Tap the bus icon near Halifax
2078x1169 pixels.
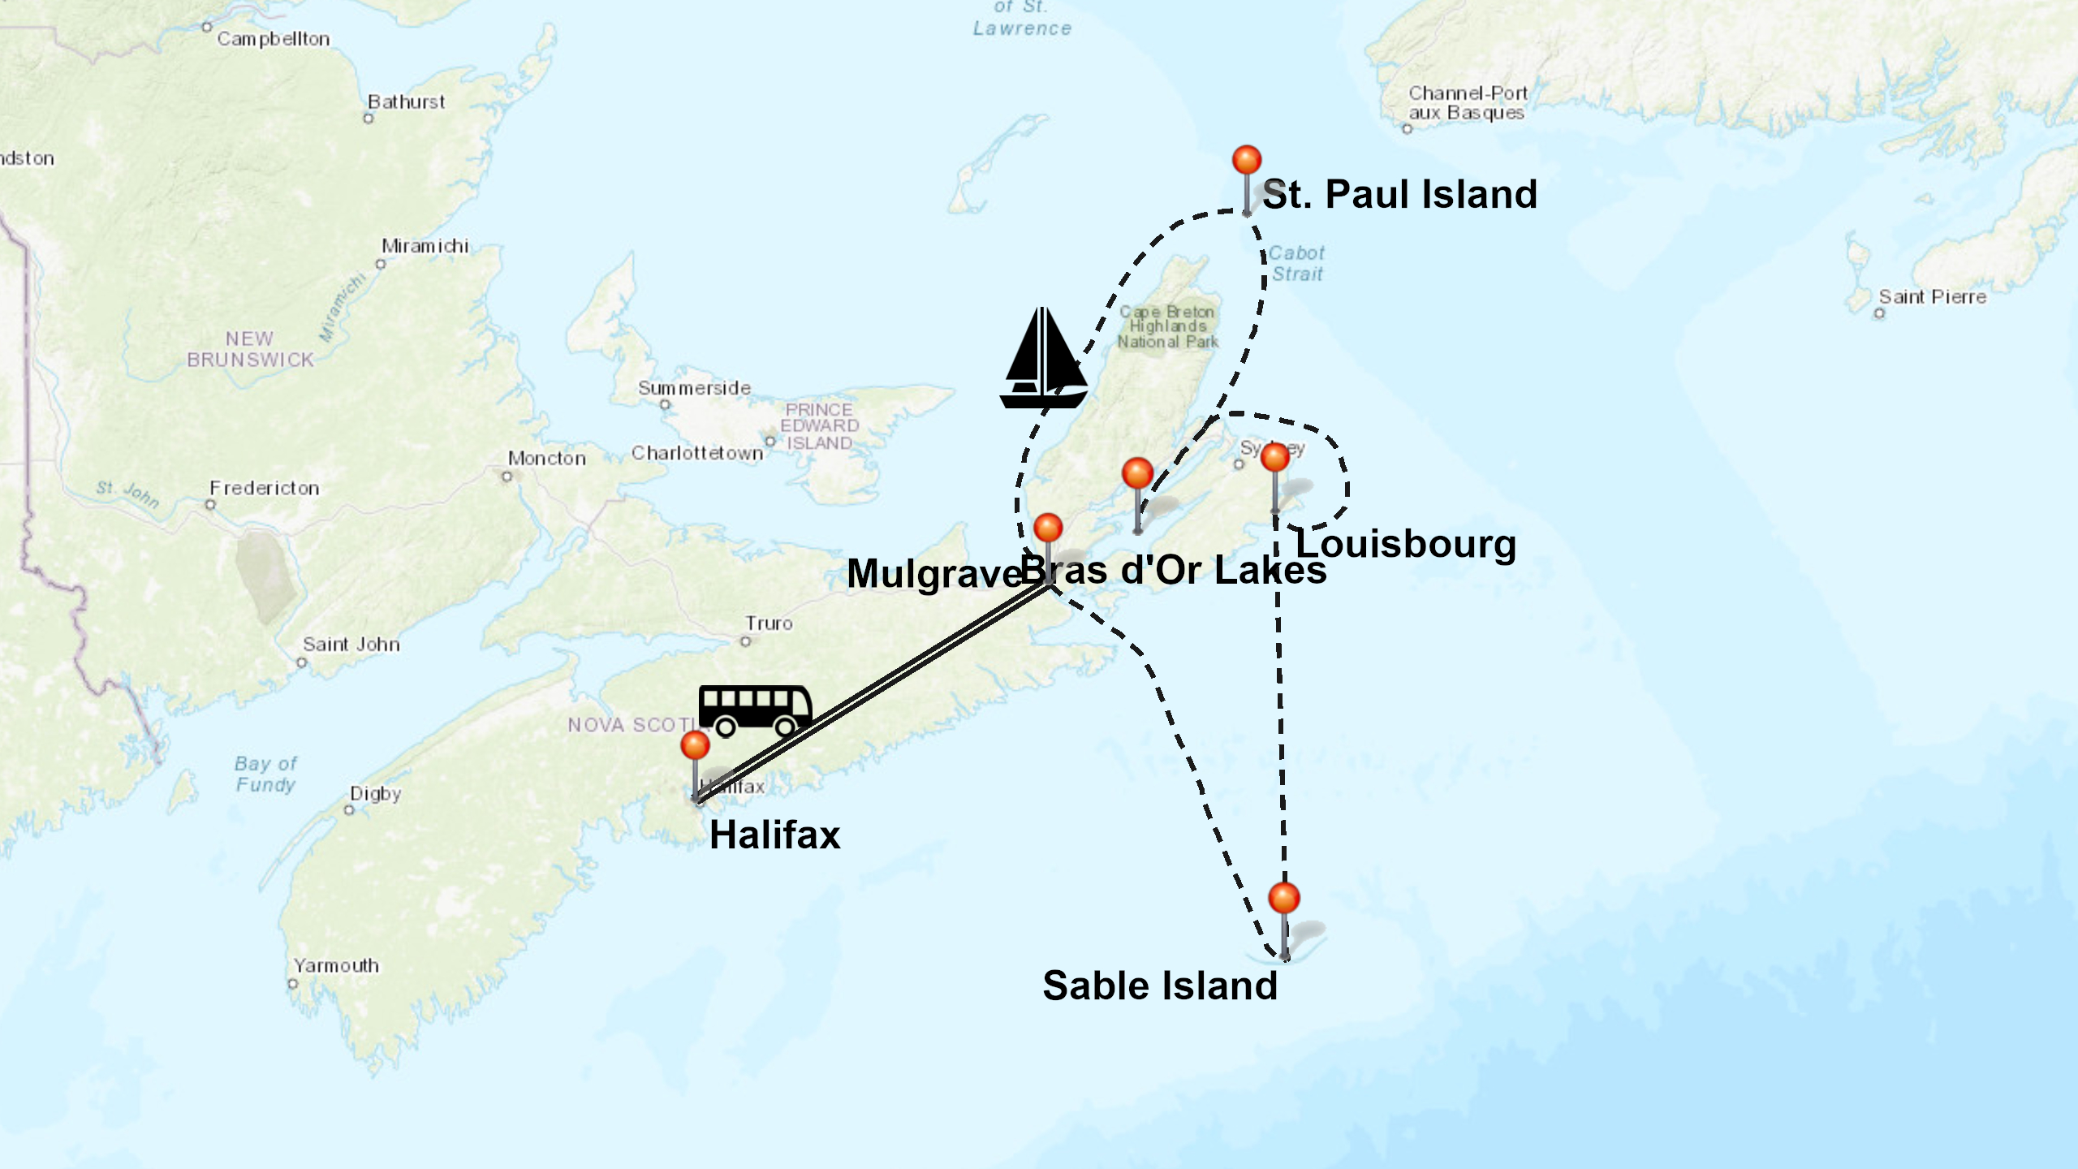[755, 710]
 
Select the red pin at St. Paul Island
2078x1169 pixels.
[1247, 161]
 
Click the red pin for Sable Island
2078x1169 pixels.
[1283, 899]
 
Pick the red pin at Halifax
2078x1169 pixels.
[695, 745]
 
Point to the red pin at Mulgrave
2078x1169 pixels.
[1048, 528]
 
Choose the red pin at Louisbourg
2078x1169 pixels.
[1275, 458]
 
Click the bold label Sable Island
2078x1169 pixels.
[1160, 986]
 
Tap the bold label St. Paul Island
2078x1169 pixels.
[1399, 195]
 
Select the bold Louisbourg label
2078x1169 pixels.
[1405, 544]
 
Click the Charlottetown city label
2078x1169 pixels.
[697, 453]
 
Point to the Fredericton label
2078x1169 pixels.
[265, 488]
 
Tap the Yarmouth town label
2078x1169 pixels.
[336, 966]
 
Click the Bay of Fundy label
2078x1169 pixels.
[265, 774]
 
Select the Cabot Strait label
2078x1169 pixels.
[1296, 264]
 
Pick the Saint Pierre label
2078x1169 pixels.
[1932, 297]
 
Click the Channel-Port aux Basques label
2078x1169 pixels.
[1468, 103]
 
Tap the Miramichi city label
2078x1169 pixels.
[425, 246]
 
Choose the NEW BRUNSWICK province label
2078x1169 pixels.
[250, 349]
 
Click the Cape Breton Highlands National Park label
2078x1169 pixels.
[1167, 326]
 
